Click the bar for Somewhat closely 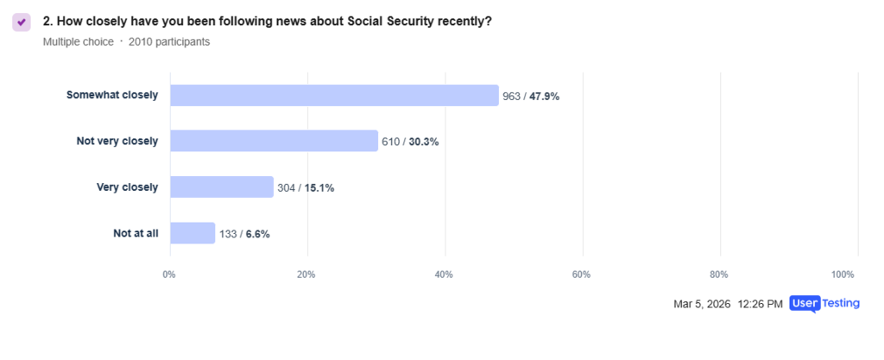point(334,95)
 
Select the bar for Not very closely point(274,141)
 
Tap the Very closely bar point(222,186)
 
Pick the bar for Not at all point(193,233)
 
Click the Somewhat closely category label point(112,95)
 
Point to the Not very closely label point(117,141)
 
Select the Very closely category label point(127,186)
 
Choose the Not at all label point(136,233)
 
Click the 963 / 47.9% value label point(531,96)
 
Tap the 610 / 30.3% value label point(410,142)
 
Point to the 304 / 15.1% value point(306,187)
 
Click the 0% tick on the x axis point(169,275)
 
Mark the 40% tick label point(445,275)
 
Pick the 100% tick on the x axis point(842,275)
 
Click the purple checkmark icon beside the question point(22,22)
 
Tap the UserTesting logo point(824,304)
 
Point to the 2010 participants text point(169,41)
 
